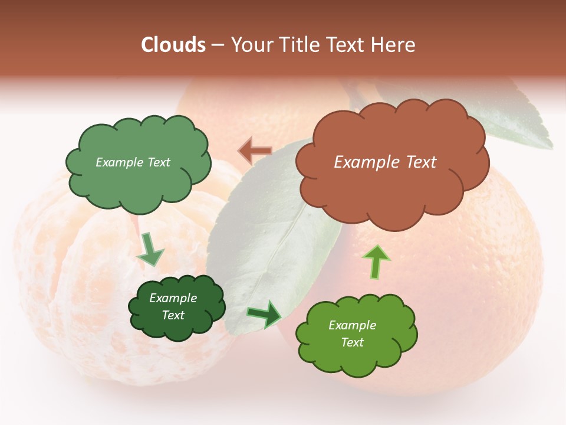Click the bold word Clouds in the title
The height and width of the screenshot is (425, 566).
[x=173, y=45]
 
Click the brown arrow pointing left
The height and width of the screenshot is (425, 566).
[x=255, y=152]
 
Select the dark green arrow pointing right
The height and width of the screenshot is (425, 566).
[x=265, y=314]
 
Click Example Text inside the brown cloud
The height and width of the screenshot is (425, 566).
[x=385, y=162]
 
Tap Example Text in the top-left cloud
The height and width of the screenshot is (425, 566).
[x=133, y=162]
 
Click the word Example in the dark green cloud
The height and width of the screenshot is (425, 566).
[x=173, y=298]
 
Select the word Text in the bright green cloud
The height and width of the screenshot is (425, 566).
[x=352, y=342]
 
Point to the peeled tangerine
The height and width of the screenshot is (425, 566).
[x=77, y=277]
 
